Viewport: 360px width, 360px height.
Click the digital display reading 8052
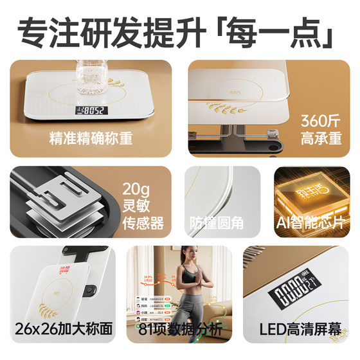[90, 110]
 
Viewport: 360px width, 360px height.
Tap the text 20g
[137, 189]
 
